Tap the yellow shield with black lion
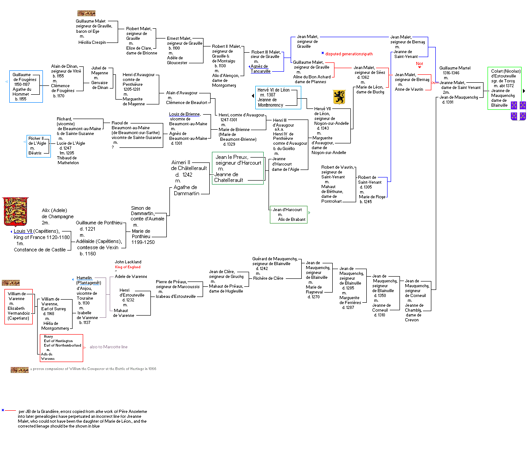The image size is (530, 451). (x=338, y=97)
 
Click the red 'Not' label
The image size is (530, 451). (x=419, y=64)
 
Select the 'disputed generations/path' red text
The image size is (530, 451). (x=349, y=54)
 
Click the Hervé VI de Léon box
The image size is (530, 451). (x=278, y=97)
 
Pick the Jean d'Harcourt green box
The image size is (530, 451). (x=288, y=215)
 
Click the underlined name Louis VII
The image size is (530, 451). (x=23, y=231)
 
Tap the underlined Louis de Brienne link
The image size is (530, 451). (x=184, y=114)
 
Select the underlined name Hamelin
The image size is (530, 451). (x=84, y=278)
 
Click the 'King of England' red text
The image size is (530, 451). (x=128, y=267)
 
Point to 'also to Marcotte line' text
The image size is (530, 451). (x=108, y=347)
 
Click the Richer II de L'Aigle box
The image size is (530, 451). (x=38, y=146)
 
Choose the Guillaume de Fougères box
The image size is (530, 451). (x=26, y=87)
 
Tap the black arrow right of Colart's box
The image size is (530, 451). (x=524, y=91)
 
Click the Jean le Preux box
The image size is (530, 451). (x=238, y=168)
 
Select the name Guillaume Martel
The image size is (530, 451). (x=455, y=68)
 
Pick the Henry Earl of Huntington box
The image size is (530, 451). (x=61, y=347)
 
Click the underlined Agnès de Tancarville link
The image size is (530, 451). (x=260, y=69)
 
